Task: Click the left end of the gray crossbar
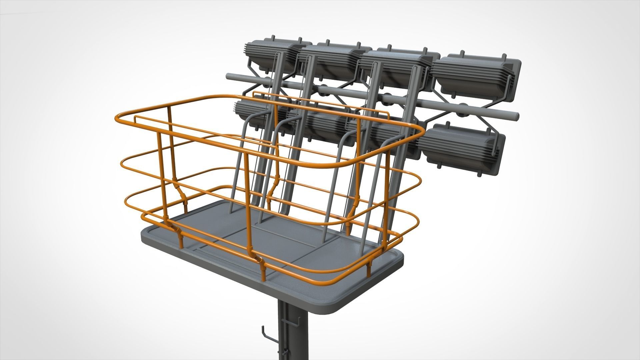tap(228, 76)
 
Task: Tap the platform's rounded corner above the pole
tap(333, 312)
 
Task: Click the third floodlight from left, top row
tap(393, 67)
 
